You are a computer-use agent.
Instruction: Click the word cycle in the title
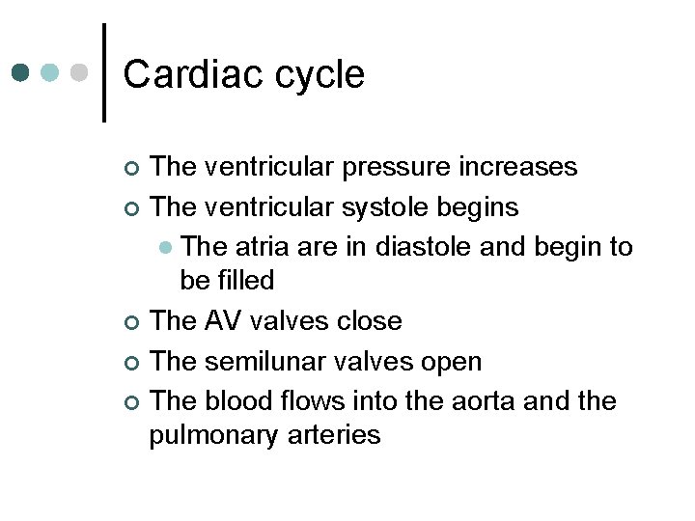tap(318, 74)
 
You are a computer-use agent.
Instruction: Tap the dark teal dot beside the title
tap(22, 72)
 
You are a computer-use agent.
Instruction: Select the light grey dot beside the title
tap(81, 72)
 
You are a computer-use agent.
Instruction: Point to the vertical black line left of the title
tap(104, 72)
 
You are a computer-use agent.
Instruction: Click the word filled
tap(245, 281)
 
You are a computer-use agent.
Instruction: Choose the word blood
tap(246, 400)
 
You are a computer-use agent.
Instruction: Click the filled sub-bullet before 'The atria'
tap(166, 248)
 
